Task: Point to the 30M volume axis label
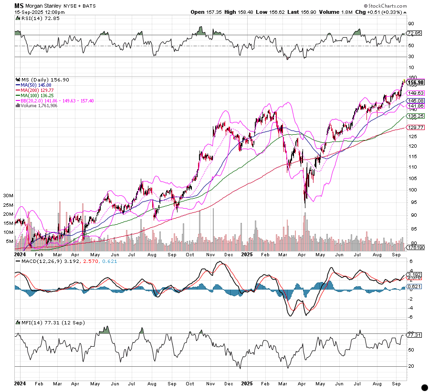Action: (x=8, y=196)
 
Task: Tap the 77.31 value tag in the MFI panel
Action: (x=414, y=335)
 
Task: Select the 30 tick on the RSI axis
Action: (x=410, y=57)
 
